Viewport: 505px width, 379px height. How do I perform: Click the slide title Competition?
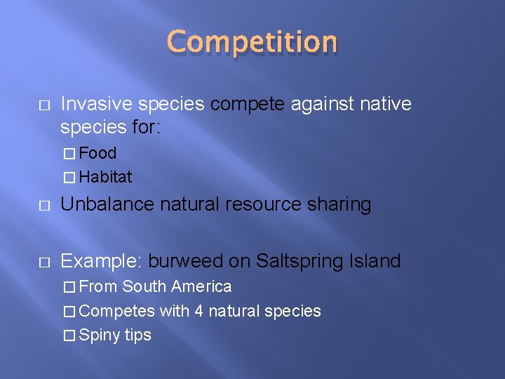point(252,41)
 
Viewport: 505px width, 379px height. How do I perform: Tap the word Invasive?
point(96,105)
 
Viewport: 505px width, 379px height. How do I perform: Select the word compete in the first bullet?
point(245,105)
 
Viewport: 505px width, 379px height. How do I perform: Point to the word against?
point(320,105)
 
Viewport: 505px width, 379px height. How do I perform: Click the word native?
point(385,105)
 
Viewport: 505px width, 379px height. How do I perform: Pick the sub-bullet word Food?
point(97,153)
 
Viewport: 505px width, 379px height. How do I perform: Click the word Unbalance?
point(108,204)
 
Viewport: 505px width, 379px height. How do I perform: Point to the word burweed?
point(185,261)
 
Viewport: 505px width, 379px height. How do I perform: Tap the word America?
point(201,286)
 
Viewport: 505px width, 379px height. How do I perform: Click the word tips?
point(138,335)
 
